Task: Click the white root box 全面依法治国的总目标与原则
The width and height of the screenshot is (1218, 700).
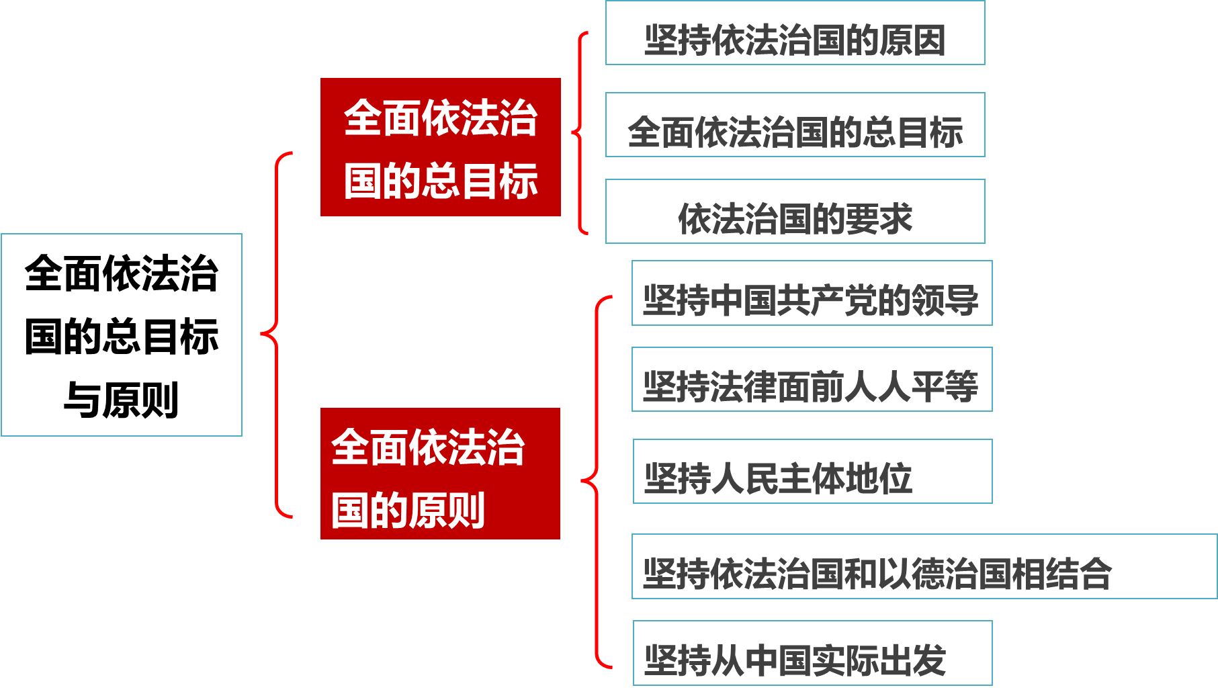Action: coord(122,335)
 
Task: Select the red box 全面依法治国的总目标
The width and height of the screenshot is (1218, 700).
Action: coord(441,147)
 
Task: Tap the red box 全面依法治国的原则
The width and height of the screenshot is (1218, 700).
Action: coord(440,474)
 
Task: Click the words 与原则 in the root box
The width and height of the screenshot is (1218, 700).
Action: coord(122,400)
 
